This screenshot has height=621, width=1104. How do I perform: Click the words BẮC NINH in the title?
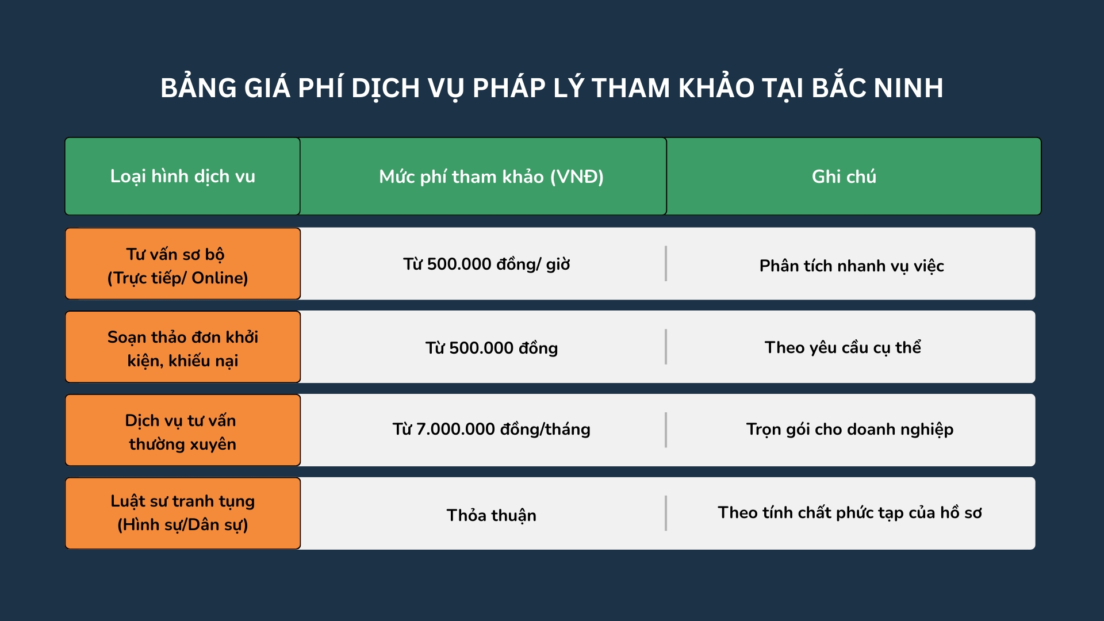click(x=877, y=89)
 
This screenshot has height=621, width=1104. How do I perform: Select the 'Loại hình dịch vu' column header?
click(x=183, y=176)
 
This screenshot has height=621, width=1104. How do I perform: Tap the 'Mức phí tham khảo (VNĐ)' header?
click(x=491, y=177)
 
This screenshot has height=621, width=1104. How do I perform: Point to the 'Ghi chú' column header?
click(x=844, y=177)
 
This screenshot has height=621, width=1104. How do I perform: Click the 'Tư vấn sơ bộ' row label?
click(x=175, y=254)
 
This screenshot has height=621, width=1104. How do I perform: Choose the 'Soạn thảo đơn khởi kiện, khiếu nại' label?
click(x=183, y=348)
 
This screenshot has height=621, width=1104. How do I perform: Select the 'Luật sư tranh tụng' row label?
click(x=183, y=501)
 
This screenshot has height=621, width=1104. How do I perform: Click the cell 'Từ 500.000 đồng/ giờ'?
click(x=486, y=264)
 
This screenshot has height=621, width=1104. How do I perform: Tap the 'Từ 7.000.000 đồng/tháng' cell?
click(x=491, y=429)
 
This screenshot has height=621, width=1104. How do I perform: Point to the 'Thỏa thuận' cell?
click(x=491, y=515)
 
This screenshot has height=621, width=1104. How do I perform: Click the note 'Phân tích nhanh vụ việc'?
click(x=852, y=266)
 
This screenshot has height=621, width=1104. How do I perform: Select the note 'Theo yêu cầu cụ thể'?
click(x=842, y=347)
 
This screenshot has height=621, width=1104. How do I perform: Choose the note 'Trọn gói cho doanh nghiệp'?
click(x=850, y=429)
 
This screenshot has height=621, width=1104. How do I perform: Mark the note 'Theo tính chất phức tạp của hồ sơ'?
click(x=850, y=512)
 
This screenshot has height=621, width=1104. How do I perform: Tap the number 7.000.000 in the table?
click(x=455, y=429)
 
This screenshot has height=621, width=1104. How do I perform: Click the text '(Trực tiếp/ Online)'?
click(x=178, y=278)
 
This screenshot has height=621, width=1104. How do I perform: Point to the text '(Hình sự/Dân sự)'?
click(x=183, y=524)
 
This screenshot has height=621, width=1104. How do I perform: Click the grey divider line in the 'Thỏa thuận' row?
click(x=666, y=513)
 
